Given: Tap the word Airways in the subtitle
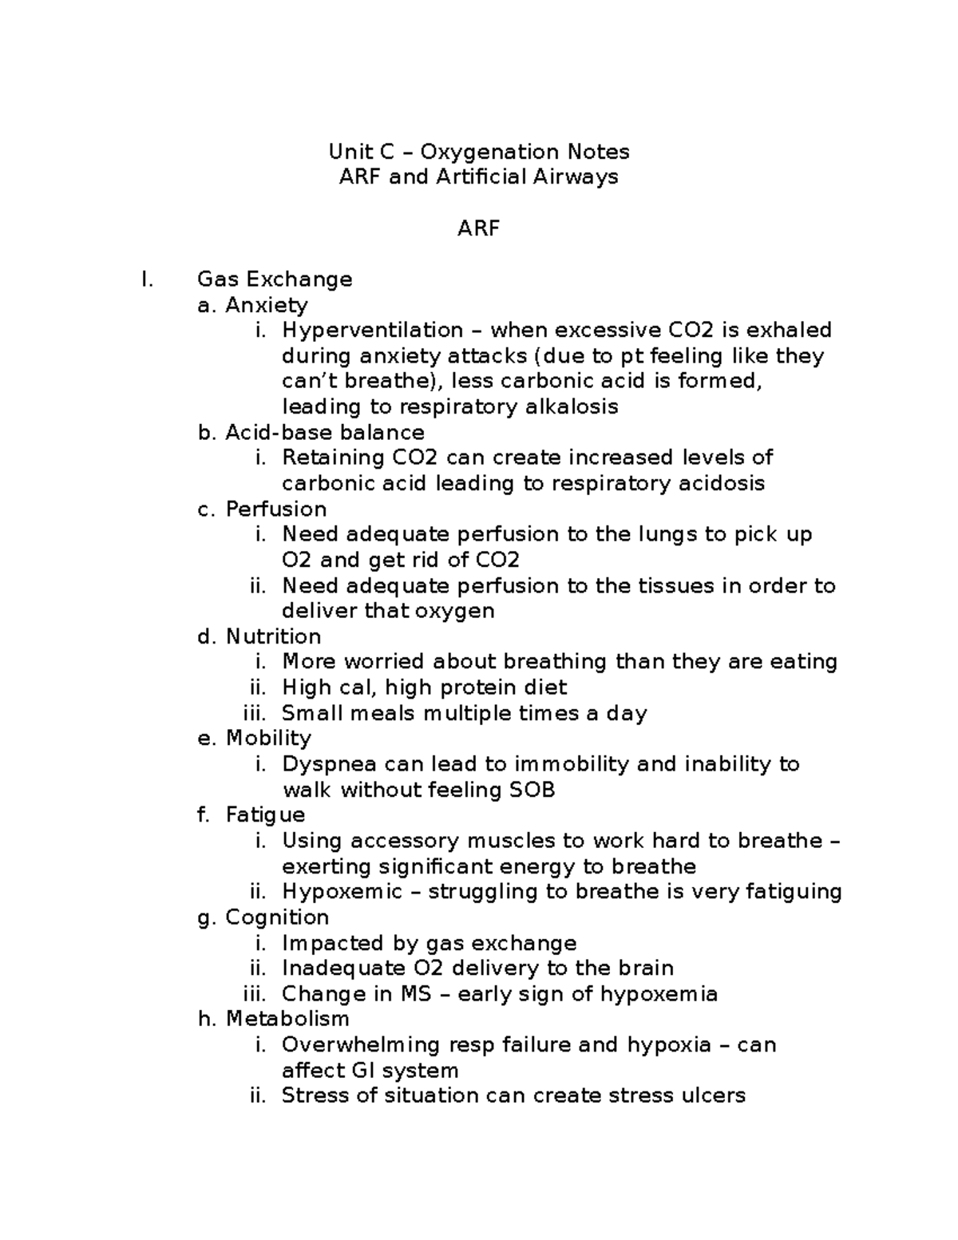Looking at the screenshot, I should point(580,176).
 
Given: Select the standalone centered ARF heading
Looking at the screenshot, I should point(478,228).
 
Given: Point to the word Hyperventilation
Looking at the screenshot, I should point(373,330).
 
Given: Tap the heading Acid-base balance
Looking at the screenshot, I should point(325,433).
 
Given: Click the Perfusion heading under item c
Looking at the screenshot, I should point(276,509).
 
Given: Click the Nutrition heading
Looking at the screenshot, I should point(274,636).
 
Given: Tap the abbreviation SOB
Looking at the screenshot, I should point(532,790).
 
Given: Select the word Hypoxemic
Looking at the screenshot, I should point(342,892).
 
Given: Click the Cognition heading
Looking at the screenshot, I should point(277,917).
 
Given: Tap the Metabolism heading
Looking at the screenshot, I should point(287,1019).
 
